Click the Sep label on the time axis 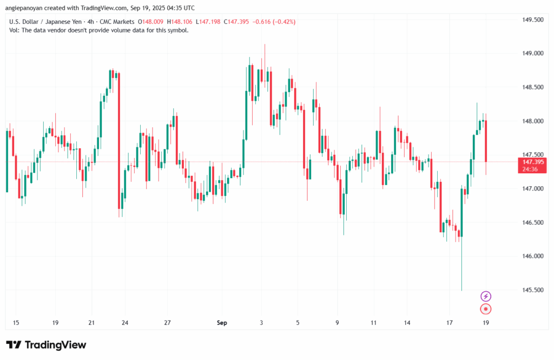tap(222, 323)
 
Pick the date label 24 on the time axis tap(125, 323)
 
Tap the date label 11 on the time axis tap(374, 323)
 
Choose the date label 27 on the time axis tap(168, 323)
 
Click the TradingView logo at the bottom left tap(46, 345)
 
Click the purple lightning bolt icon tap(486, 296)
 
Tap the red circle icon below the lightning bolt tap(486, 309)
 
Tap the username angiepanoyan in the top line tap(23, 7)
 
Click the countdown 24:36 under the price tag tap(531, 169)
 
